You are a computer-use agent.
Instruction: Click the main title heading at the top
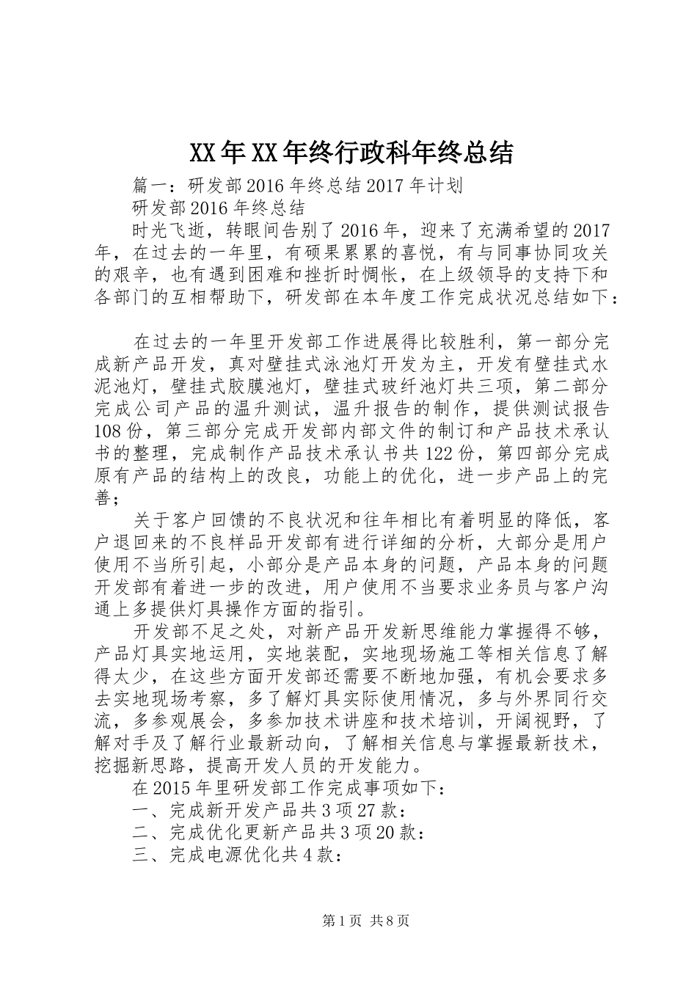tap(351, 153)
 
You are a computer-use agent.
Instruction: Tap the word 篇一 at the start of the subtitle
tap(150, 185)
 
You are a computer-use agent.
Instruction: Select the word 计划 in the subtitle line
tap(445, 185)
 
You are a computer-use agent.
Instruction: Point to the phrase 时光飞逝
tap(169, 230)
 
